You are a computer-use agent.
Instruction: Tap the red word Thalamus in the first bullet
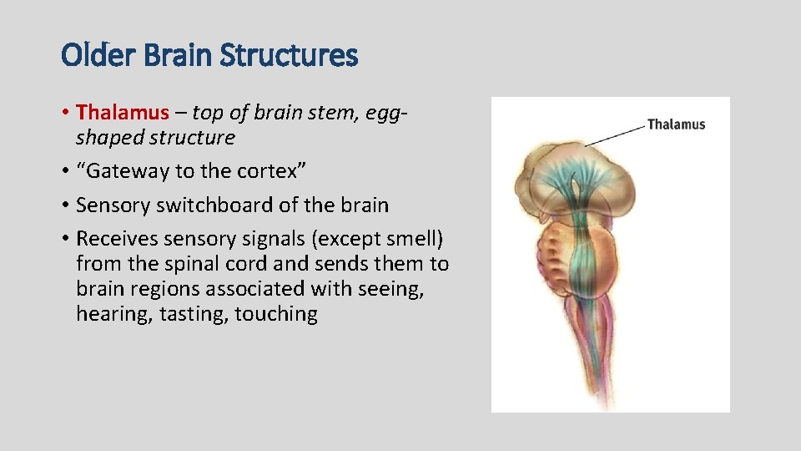122,112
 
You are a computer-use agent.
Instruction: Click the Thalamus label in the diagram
676,124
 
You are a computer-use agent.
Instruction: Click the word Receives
117,239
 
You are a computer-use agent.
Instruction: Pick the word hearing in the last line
113,315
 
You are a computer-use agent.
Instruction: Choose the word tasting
191,315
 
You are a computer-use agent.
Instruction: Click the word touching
276,315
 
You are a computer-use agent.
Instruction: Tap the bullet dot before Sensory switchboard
65,205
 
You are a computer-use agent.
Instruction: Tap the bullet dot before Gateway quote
65,171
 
